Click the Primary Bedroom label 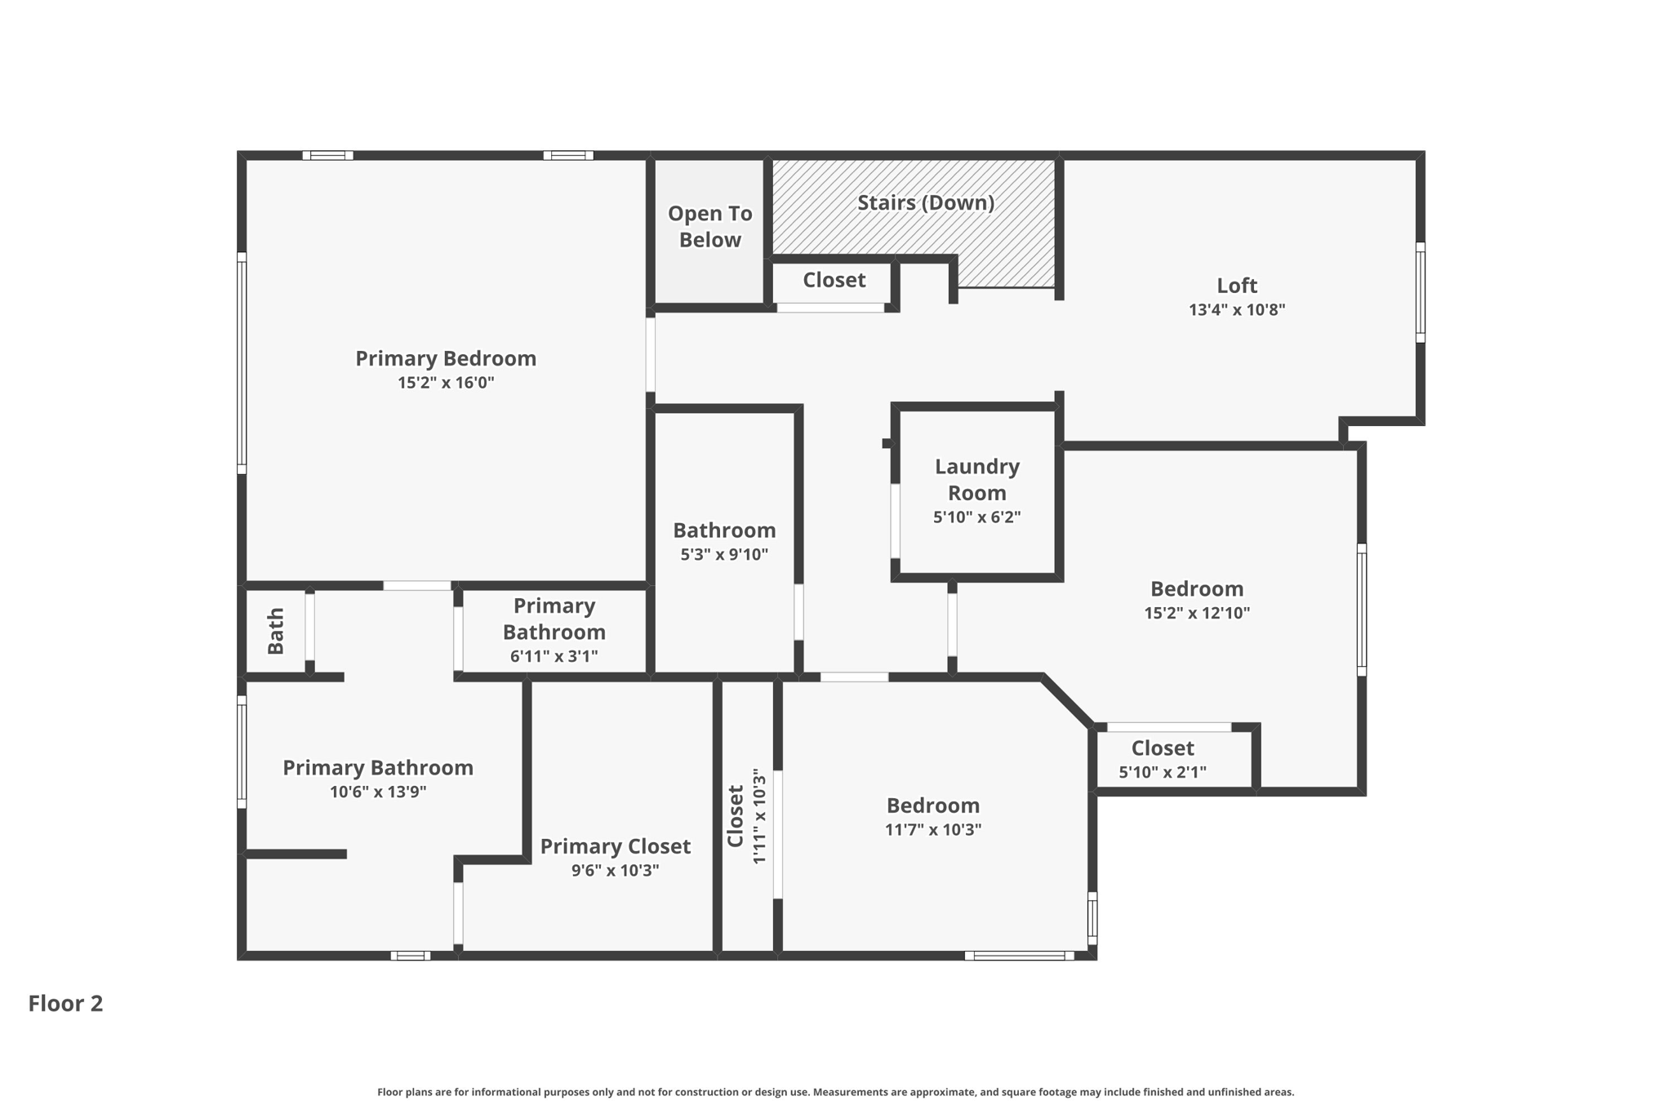click(446, 358)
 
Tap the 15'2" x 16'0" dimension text click(446, 383)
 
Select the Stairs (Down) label click(925, 202)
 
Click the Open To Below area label click(709, 226)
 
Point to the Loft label click(1237, 286)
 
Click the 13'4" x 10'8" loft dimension click(1237, 310)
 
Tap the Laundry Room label click(976, 480)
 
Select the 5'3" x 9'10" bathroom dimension click(724, 555)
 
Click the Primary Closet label click(615, 846)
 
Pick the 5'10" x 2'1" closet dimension click(1162, 772)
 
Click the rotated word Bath click(276, 631)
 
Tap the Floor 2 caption click(65, 1003)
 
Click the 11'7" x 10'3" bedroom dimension click(932, 830)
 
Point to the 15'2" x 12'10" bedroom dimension click(1196, 613)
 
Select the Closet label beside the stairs click(834, 280)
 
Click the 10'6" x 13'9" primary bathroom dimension click(378, 792)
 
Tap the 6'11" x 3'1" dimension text click(554, 656)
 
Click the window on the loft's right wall click(1420, 292)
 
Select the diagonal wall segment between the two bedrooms click(1066, 700)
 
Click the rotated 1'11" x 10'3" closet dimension click(758, 815)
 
